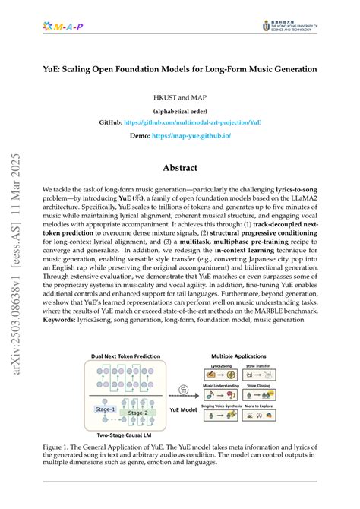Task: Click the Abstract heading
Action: tap(180, 168)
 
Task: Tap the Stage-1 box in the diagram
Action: tap(106, 409)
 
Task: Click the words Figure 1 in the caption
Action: tap(57, 448)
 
